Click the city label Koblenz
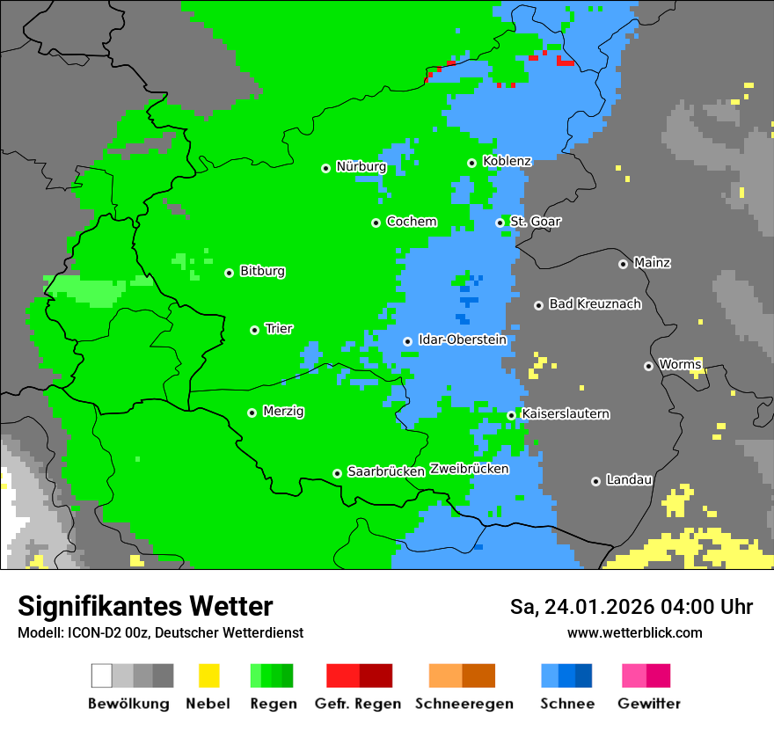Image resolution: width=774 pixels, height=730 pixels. tap(507, 162)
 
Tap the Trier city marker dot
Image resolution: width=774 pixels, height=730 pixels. tap(254, 330)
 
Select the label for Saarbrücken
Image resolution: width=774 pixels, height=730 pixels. tap(386, 472)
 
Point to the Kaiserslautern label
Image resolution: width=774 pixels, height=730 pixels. tap(566, 414)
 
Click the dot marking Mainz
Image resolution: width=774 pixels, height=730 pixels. tap(623, 264)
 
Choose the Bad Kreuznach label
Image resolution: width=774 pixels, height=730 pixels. tap(595, 304)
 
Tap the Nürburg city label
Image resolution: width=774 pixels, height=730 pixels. tap(361, 167)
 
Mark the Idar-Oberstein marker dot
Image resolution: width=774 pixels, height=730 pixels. tap(407, 341)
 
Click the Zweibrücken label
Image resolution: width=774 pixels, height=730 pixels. tap(469, 469)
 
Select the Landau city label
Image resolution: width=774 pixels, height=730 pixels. tap(629, 480)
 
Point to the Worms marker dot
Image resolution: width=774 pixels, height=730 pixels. tap(648, 366)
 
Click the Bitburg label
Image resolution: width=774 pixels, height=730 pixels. tap(262, 272)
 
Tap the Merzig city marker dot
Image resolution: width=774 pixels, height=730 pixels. tap(252, 412)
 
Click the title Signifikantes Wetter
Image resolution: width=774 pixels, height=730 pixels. tap(145, 606)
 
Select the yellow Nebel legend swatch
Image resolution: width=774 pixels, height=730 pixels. tap(208, 675)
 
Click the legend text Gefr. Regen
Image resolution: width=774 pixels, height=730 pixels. tap(358, 704)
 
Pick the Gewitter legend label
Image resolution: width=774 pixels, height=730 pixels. tap(649, 704)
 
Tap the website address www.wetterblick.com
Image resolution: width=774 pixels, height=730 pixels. tap(634, 632)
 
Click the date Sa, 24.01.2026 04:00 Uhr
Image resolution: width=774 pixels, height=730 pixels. tap(631, 607)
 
